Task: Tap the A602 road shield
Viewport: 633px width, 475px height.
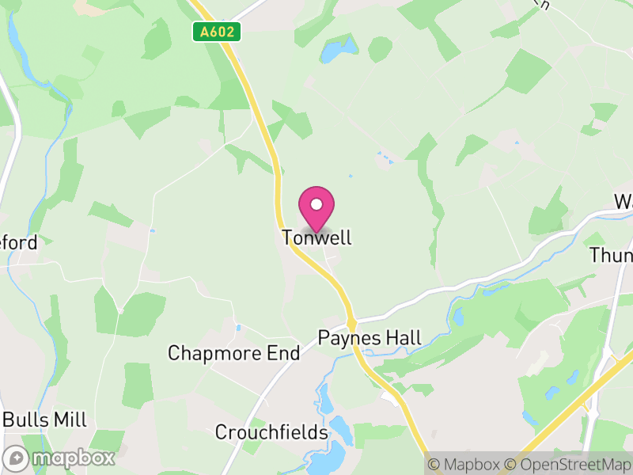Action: point(216,32)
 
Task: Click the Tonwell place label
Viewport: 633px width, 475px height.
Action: point(316,237)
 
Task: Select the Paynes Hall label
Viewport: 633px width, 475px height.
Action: point(370,338)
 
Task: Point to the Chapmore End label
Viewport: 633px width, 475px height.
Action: point(233,353)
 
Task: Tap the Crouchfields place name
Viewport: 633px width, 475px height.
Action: point(271,433)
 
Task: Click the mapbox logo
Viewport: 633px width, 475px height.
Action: point(59,458)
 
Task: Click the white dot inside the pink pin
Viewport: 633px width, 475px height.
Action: point(316,204)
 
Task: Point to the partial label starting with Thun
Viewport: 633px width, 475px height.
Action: point(612,256)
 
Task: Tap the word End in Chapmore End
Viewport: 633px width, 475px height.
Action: point(283,353)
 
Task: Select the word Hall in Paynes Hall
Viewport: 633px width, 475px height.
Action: point(403,338)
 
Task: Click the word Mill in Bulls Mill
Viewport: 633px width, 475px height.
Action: point(69,420)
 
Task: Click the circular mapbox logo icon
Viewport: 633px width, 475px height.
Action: point(16,458)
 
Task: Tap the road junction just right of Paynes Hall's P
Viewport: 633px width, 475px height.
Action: point(351,324)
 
